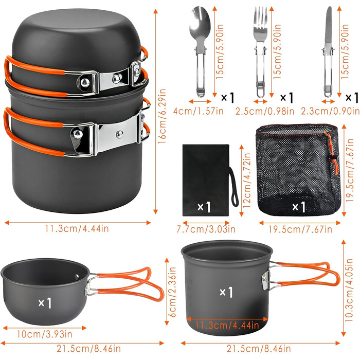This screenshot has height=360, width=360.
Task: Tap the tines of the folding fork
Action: click(260, 16)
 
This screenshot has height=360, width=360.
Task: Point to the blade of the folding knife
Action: click(329, 25)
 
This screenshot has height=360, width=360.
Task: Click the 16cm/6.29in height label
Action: click(162, 116)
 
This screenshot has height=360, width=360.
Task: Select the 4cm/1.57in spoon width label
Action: click(199, 112)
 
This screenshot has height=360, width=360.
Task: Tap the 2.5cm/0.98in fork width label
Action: click(265, 112)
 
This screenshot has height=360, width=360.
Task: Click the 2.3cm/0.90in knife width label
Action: click(330, 112)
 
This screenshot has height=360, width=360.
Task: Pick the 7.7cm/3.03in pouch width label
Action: click(206, 229)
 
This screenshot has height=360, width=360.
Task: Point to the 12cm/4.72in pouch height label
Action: click(247, 181)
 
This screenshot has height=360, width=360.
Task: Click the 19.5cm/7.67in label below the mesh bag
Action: click(300, 229)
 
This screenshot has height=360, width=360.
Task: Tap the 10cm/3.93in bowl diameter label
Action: click(45, 334)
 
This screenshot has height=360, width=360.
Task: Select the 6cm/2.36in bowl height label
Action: click(172, 292)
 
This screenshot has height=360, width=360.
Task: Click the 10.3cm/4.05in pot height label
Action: click(349, 290)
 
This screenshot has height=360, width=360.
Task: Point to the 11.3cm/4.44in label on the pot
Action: click(227, 325)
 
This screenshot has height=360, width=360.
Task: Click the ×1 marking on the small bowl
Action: click(45, 303)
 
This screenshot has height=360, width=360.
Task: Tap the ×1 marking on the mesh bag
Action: click(299, 207)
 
